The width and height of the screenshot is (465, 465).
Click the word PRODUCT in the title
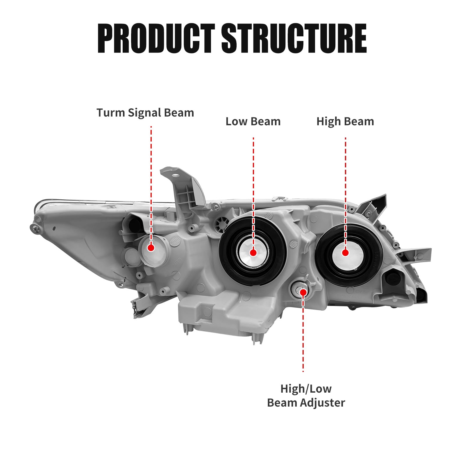point(156,38)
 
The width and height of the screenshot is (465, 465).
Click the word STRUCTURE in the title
point(294,38)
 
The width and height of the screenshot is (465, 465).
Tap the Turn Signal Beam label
point(145,113)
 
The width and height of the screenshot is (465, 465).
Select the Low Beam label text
point(253,121)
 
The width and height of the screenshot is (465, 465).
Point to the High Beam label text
point(345,121)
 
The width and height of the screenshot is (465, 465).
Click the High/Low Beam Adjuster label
point(306,396)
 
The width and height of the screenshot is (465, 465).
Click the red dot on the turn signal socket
point(151,248)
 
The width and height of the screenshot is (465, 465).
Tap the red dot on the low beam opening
point(253,253)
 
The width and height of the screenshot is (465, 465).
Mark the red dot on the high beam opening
point(345,253)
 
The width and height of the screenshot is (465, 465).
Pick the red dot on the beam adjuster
point(303,292)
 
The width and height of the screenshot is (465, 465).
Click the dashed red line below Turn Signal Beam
point(151,174)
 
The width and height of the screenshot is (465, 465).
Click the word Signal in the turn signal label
point(144,113)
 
